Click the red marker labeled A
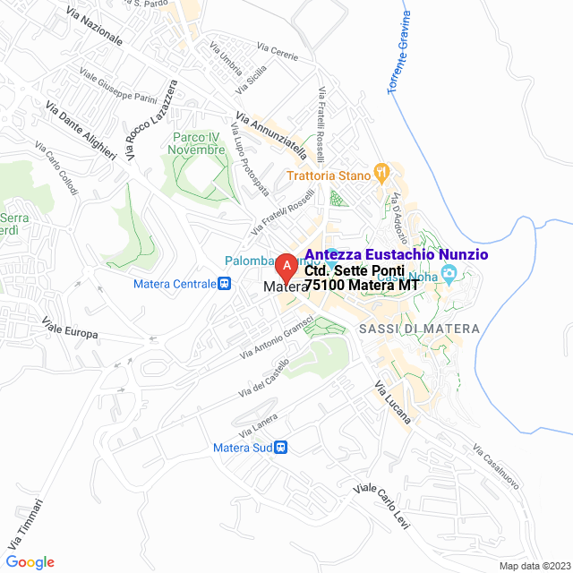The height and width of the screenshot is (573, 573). [285, 267]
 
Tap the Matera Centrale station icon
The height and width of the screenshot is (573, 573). [225, 284]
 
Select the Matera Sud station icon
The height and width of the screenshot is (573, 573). [281, 447]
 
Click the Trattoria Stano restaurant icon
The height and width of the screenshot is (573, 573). [381, 174]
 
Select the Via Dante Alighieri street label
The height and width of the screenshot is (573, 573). [81, 131]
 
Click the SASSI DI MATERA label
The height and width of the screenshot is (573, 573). [419, 329]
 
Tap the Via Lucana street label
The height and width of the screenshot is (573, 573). [392, 402]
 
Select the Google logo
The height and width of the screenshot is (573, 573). [29, 561]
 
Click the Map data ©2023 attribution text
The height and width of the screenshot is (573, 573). [535, 566]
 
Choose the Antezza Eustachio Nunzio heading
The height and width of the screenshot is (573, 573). [397, 254]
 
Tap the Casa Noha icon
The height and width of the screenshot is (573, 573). [449, 272]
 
